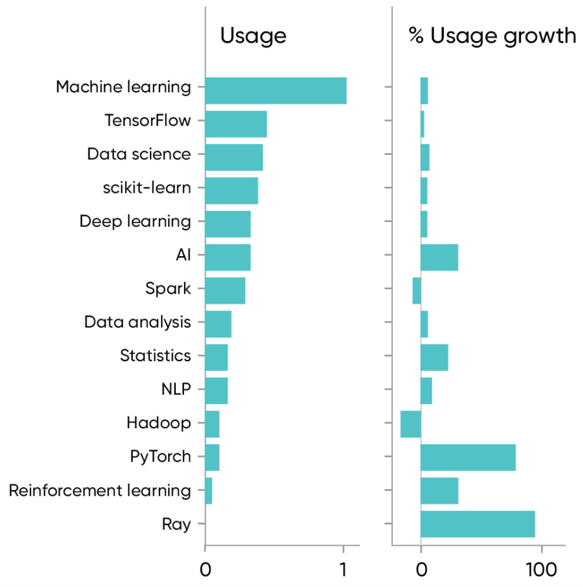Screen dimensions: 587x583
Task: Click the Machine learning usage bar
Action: [x=276, y=90]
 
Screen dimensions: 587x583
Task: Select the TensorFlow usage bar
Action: [x=236, y=124]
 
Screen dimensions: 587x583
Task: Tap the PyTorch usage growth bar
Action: [x=468, y=457]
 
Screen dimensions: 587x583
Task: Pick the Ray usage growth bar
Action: [x=477, y=524]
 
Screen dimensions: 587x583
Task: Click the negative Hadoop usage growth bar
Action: [x=410, y=424]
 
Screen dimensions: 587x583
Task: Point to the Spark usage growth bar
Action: [x=417, y=290]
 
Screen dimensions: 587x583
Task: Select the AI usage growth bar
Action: [x=439, y=257]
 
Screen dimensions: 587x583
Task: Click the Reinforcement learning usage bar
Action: [x=209, y=491]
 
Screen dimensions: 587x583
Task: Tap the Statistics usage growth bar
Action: [x=434, y=357]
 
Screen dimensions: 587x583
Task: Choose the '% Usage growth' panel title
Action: [x=492, y=36]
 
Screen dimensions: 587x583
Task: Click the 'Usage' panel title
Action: [x=253, y=36]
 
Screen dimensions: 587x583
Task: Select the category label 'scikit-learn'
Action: [x=147, y=188]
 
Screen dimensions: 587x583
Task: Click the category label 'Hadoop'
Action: [x=158, y=423]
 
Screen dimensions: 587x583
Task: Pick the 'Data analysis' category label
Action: [x=137, y=322]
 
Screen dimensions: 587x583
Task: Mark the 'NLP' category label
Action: [x=176, y=389]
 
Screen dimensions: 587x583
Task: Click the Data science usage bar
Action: [x=234, y=158]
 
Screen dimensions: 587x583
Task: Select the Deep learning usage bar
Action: [x=228, y=224]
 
